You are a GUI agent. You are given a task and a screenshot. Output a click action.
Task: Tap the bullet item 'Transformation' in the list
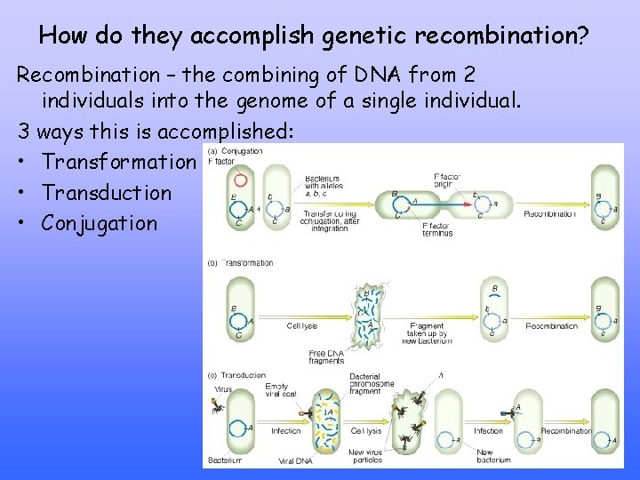pos(117,163)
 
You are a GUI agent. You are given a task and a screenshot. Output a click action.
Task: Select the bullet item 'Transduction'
pos(107,193)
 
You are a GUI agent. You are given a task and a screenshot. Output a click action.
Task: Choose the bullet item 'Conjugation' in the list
pos(99,223)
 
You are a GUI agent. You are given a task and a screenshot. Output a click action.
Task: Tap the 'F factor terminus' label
pos(437,229)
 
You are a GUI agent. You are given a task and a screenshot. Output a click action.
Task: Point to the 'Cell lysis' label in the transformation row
pos(302,326)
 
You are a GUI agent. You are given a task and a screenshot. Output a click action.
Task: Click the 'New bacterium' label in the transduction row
pos(493,456)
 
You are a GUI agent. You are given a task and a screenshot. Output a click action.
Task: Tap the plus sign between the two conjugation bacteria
pos(261,210)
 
